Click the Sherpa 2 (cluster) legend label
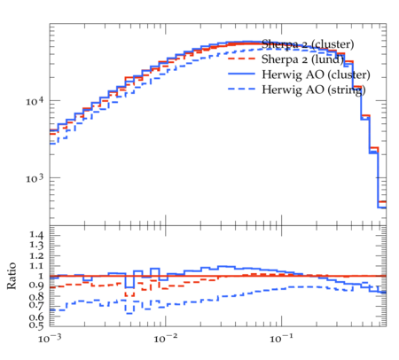308,44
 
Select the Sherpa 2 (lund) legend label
303,59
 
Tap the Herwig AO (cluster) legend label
316,74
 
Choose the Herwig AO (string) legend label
314,90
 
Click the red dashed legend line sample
241,59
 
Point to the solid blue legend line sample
241,74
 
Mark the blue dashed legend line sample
241,89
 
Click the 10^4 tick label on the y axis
35,101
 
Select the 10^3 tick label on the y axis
35,178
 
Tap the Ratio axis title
12,276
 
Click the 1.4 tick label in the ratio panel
36,235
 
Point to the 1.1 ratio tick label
36,266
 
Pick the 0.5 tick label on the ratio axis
36,325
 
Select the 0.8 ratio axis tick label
36,296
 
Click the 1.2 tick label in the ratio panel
36,255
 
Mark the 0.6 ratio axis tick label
36,317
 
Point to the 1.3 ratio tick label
36,245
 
